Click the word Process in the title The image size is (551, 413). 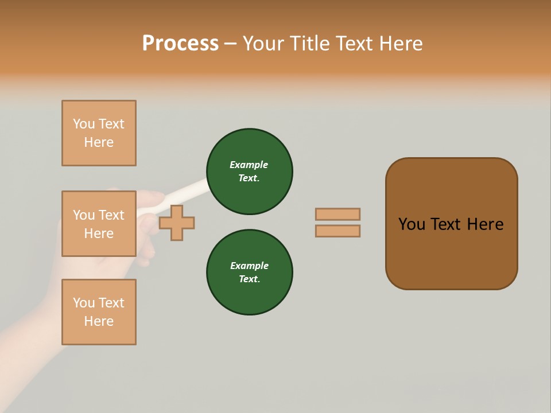click(180, 43)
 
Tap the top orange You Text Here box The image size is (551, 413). click(99, 133)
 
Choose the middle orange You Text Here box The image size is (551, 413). click(99, 224)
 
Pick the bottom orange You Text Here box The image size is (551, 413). click(99, 312)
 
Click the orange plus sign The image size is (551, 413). click(177, 223)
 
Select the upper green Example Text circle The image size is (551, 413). click(249, 172)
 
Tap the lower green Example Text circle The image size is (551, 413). click(249, 272)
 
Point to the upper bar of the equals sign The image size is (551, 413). click(337, 214)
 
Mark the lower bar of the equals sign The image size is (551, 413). click(337, 231)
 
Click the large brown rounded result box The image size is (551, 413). click(451, 252)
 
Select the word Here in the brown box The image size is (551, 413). click(485, 224)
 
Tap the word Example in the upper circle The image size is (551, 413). click(249, 165)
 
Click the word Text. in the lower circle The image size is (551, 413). click(249, 279)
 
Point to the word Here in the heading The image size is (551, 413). click(400, 43)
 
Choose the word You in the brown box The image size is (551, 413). click(412, 224)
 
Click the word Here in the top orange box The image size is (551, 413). click(99, 142)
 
